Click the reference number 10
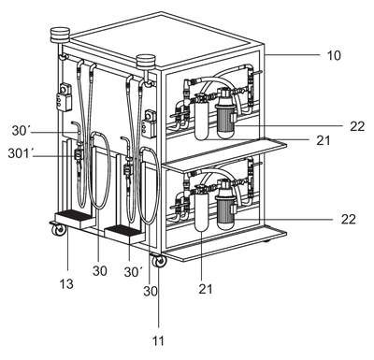(x=334, y=55)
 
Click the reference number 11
(x=158, y=340)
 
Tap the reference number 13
(x=67, y=284)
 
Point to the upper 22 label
(x=357, y=126)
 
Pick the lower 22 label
(x=348, y=219)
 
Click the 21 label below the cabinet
(x=206, y=289)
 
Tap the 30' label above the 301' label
(x=21, y=131)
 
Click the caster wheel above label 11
(x=159, y=261)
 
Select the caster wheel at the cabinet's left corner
(x=59, y=229)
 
